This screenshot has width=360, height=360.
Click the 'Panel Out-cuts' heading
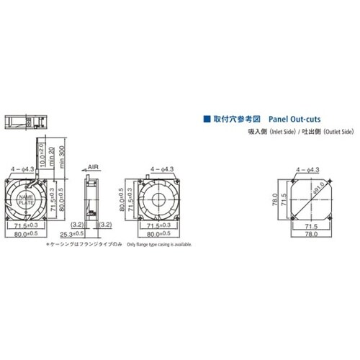[x=294, y=117]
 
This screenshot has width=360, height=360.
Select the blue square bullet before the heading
[x=207, y=117]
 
